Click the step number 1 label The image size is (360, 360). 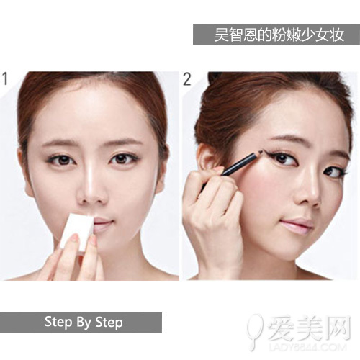(6, 78)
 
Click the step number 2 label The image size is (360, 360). (186, 78)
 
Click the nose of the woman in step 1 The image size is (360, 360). (92, 189)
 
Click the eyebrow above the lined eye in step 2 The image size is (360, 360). (277, 138)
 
